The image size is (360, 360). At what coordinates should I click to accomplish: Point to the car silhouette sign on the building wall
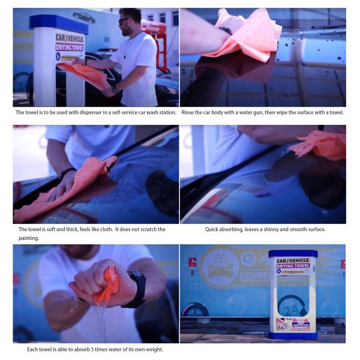[x=83, y=17]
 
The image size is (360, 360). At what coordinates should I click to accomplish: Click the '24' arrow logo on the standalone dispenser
[x=293, y=305]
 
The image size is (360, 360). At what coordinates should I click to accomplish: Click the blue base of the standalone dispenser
[x=293, y=335]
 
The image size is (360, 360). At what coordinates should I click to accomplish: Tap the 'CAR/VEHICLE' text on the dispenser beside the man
[x=70, y=38]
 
